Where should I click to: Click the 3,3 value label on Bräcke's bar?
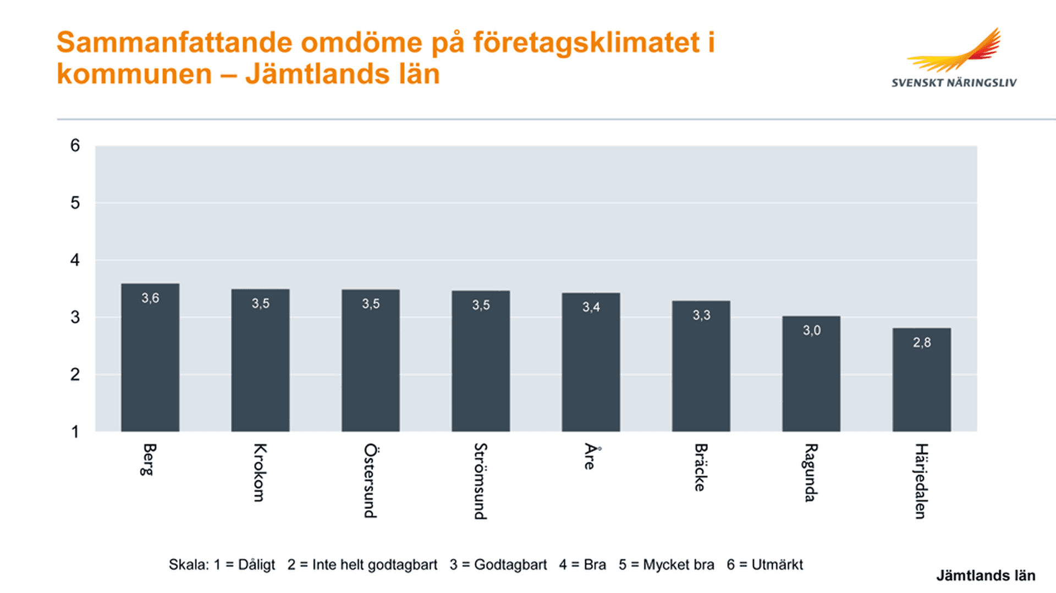click(x=701, y=315)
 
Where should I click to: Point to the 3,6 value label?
click(x=150, y=298)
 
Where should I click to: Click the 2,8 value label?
click(x=922, y=343)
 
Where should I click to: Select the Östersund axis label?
click(x=370, y=480)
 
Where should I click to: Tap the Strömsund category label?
click(x=480, y=481)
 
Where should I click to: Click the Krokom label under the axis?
click(x=260, y=473)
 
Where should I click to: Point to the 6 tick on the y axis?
click(x=75, y=146)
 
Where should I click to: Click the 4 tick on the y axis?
click(x=75, y=260)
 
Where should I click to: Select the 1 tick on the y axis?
click(x=75, y=432)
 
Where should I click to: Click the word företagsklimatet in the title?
click(x=586, y=43)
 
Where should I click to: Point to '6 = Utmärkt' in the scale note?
click(x=765, y=565)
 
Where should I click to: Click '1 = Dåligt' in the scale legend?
click(x=244, y=565)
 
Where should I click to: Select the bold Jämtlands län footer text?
click(x=986, y=576)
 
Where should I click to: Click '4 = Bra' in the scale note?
click(x=582, y=565)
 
